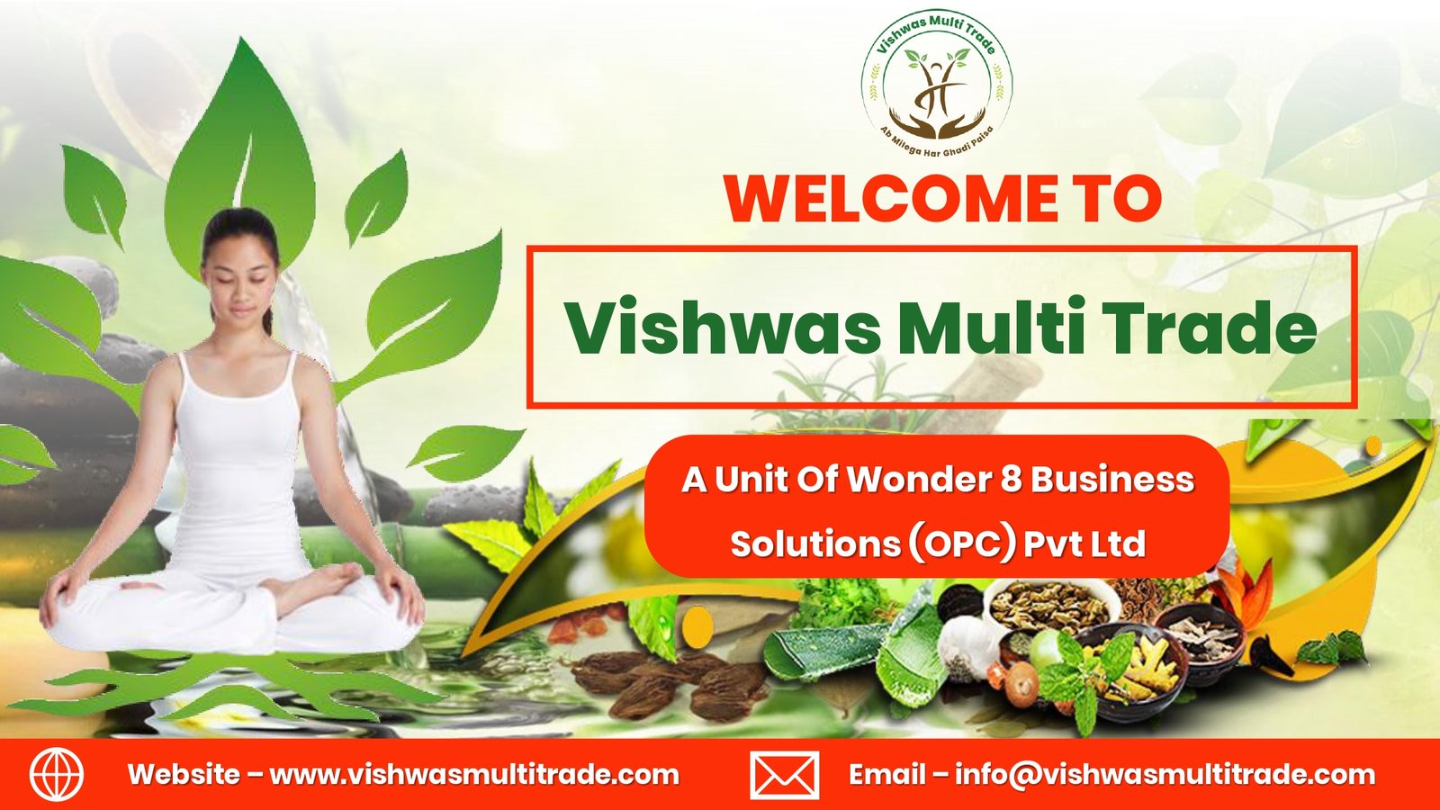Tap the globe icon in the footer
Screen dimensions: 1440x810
pyautogui.click(x=57, y=774)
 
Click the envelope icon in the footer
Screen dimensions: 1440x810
pyautogui.click(x=784, y=775)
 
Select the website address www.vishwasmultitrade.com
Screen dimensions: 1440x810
pyautogui.click(x=474, y=775)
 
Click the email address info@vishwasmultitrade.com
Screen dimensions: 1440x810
pyautogui.click(x=1165, y=775)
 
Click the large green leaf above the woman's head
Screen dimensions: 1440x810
pyautogui.click(x=239, y=154)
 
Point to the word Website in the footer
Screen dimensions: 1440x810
pyautogui.click(x=184, y=775)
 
